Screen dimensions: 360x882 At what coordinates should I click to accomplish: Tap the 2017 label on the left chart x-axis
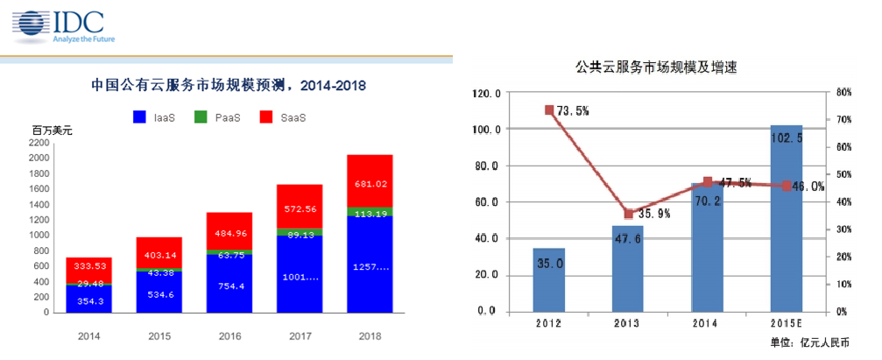pos(300,335)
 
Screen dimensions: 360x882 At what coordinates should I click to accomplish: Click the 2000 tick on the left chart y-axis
pos(39,158)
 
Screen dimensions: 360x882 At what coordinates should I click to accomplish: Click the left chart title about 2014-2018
pos(229,86)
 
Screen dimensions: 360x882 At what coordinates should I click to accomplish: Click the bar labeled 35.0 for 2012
pos(548,279)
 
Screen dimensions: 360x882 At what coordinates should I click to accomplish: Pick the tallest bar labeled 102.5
pos(786,218)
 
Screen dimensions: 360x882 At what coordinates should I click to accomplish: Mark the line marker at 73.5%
pos(549,110)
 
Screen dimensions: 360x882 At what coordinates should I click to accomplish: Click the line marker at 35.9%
pos(628,214)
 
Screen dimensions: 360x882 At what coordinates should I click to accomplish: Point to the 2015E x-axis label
pos(786,323)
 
